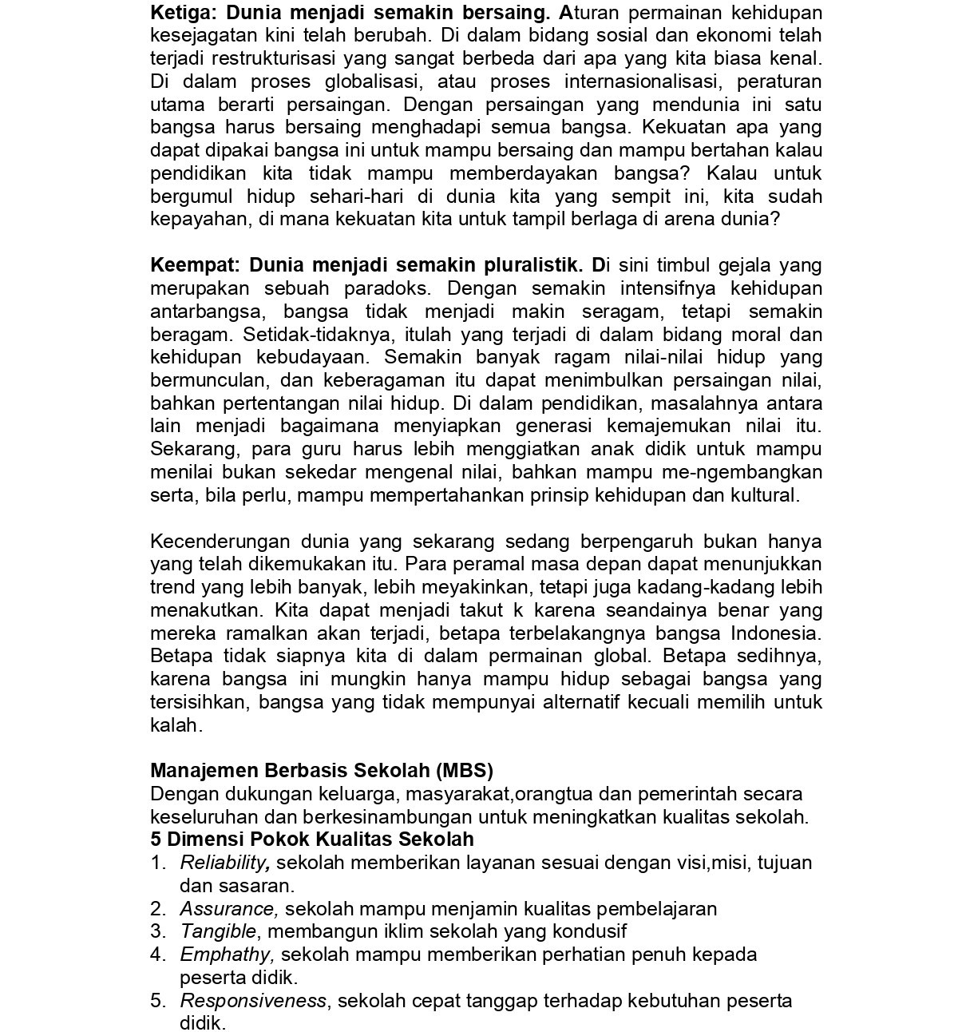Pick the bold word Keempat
pos(195,265)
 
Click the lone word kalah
pos(175,726)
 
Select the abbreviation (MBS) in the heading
pos(465,771)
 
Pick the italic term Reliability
pos(224,863)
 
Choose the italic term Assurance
pos(228,909)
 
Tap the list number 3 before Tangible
pos(156,931)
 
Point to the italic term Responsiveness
pos(253,1001)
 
